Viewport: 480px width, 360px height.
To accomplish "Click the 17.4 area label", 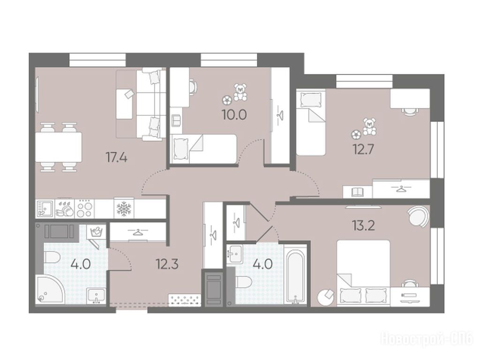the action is pos(116,158).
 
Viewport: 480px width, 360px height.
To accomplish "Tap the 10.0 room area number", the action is pos(234,115).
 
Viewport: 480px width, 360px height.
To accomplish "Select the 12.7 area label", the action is pos(363,150).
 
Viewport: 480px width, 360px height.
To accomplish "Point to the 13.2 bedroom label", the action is pos(364,226).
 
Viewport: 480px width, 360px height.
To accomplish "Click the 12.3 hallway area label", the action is pos(167,263).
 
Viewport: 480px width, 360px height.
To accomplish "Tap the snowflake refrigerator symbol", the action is pos(124,209).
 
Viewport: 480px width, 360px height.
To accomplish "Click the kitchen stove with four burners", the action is pos(85,209).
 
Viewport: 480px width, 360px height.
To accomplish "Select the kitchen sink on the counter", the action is pos(45,209).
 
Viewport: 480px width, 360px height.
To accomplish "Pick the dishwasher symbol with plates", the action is pos(65,209).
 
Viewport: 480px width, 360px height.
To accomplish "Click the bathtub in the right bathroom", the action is pos(295,274).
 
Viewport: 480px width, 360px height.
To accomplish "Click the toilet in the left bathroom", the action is pos(52,257).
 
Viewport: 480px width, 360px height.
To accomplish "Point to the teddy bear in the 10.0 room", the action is pos(240,92).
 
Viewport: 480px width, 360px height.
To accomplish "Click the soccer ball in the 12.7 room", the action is pos(356,135).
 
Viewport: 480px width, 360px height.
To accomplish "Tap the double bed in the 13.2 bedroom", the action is pos(363,273).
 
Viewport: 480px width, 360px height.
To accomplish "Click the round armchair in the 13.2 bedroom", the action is pos(419,217).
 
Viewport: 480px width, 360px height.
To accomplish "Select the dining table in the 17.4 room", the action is pos(59,147).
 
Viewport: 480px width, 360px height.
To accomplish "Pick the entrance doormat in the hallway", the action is pos(185,300).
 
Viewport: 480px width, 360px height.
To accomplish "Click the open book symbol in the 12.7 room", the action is pos(357,192).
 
